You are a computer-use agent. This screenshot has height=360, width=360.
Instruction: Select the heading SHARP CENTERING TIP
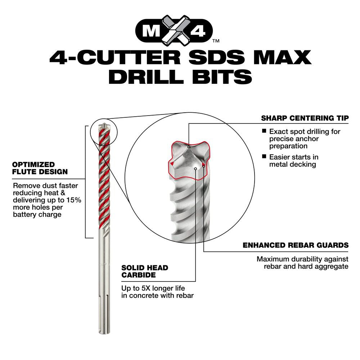pyautogui.click(x=305, y=118)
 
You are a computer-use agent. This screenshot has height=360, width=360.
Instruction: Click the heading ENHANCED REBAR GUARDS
pyautogui.click(x=296, y=245)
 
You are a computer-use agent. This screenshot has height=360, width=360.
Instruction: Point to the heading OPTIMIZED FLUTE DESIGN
pyautogui.click(x=40, y=168)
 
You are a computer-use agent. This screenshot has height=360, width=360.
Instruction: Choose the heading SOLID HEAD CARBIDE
pyautogui.click(x=145, y=271)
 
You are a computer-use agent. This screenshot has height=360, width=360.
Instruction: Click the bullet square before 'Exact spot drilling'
pyautogui.click(x=264, y=131)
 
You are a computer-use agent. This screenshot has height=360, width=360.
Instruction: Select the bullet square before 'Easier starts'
pyautogui.click(x=264, y=157)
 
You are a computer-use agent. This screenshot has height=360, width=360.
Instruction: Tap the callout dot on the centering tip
pyautogui.click(x=189, y=147)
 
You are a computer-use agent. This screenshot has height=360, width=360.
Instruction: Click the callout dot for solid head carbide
pyautogui.click(x=195, y=168)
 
